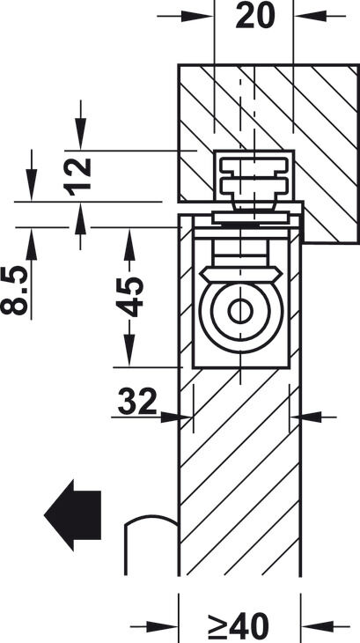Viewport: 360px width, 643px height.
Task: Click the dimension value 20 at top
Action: [255, 16]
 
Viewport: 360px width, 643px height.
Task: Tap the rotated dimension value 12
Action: [77, 177]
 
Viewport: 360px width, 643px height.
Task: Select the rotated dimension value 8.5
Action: [15, 290]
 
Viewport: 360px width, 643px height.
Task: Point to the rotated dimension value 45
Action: [129, 297]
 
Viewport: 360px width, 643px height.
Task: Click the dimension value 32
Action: [137, 401]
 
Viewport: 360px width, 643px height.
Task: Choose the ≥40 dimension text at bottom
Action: [239, 627]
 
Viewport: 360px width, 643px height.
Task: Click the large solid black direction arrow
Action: [72, 515]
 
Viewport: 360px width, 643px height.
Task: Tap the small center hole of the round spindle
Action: [240, 311]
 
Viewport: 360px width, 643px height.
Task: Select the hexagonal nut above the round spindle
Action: [241, 274]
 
